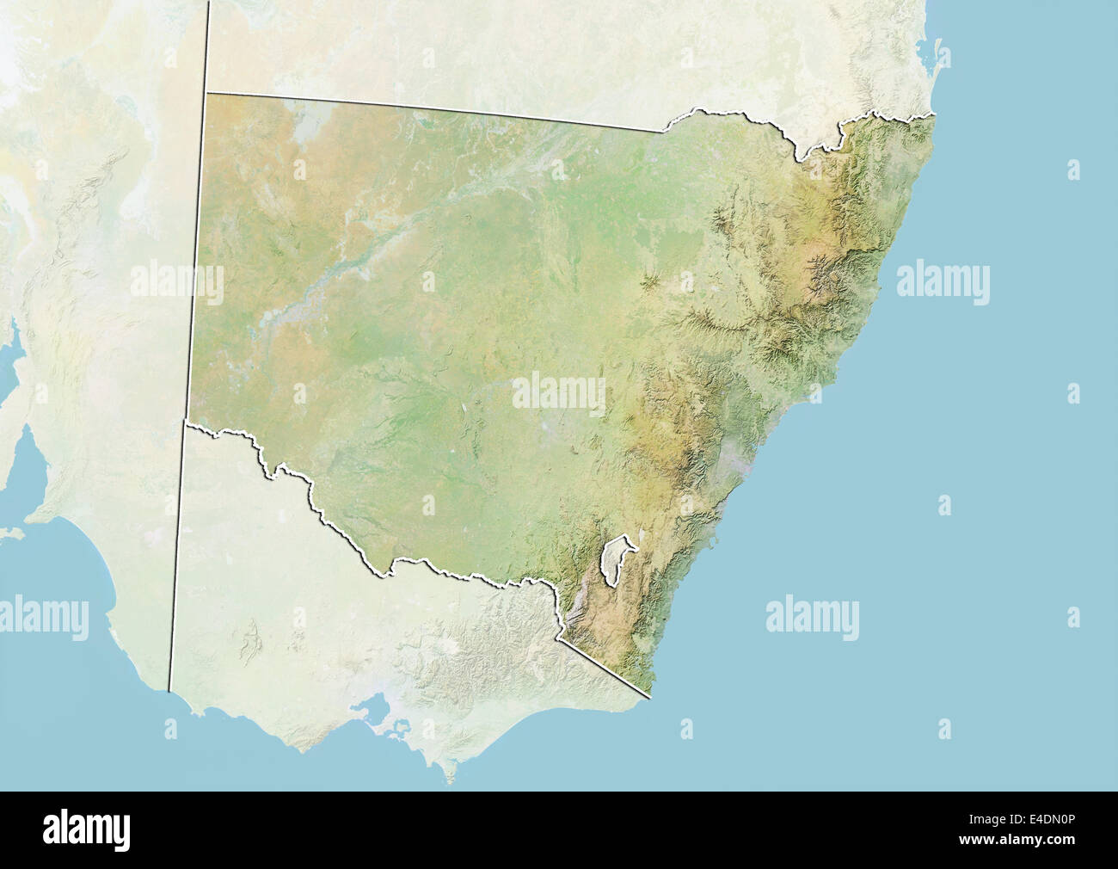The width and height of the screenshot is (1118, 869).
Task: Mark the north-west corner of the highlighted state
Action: [207, 92]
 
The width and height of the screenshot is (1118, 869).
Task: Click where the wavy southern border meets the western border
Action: [186, 421]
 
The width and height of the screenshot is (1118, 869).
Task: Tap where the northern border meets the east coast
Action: [934, 114]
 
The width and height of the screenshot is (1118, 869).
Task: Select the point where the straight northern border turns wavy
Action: [663, 131]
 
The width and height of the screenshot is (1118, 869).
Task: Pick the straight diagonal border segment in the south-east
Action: [602, 665]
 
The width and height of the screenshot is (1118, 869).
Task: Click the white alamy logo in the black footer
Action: [90, 829]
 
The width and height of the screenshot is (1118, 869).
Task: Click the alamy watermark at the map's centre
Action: [559, 392]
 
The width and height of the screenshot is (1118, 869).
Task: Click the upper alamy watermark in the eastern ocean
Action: [943, 282]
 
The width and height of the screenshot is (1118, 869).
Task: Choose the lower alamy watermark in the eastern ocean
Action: [812, 616]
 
